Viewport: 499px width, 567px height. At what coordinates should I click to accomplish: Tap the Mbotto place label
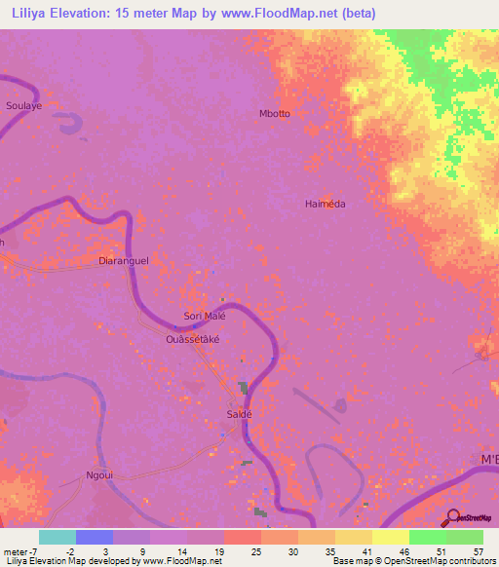275,114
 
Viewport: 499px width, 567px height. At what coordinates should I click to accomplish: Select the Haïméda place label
326,205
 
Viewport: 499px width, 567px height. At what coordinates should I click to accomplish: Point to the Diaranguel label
124,261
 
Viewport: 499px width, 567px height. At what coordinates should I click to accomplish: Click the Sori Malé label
205,317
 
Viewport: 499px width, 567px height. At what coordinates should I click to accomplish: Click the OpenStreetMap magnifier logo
453,517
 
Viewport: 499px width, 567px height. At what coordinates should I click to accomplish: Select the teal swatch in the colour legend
58,537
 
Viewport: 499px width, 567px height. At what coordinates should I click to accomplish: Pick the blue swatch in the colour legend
95,537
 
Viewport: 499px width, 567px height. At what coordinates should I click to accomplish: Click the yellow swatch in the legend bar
390,537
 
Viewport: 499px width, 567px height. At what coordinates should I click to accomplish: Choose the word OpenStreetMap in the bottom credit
414,560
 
